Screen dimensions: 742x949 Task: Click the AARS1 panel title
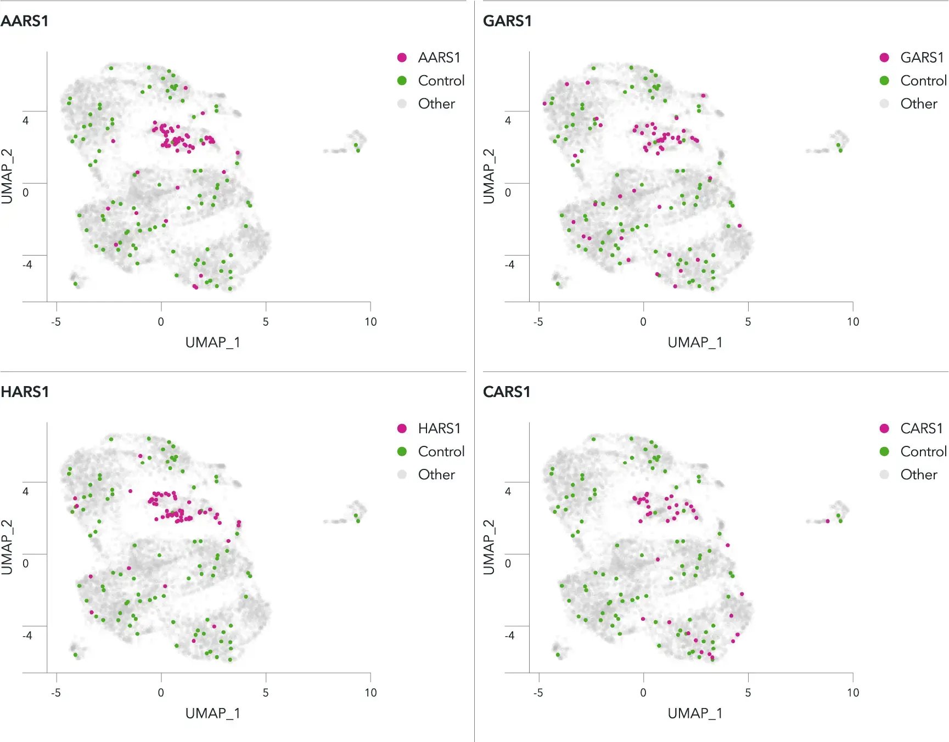click(25, 21)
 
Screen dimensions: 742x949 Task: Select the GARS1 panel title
click(507, 21)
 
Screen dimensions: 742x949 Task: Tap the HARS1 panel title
click(25, 392)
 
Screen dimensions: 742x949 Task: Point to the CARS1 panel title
click(507, 392)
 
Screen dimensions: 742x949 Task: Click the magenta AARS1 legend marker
click(402, 58)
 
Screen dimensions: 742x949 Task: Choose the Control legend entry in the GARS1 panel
click(923, 81)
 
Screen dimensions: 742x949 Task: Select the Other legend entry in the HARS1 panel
click(436, 474)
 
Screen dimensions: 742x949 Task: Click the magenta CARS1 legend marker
click(884, 428)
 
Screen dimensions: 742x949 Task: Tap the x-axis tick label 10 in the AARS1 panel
click(370, 322)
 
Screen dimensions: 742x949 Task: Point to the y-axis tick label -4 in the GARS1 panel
click(509, 264)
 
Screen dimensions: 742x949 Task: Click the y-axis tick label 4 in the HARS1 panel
click(25, 491)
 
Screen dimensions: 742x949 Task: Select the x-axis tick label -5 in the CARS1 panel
click(538, 693)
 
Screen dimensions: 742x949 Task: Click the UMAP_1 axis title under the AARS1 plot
click(212, 343)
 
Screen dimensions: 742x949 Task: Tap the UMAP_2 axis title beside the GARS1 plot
click(488, 176)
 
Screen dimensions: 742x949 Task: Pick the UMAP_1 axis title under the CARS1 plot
click(695, 713)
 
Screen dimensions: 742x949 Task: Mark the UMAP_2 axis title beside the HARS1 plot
click(7, 547)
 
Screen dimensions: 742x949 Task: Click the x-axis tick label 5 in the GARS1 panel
click(748, 322)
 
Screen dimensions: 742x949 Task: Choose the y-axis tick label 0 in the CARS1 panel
click(508, 563)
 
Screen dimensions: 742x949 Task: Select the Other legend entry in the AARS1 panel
click(436, 104)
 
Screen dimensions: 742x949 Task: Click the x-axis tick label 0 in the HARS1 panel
click(161, 693)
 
